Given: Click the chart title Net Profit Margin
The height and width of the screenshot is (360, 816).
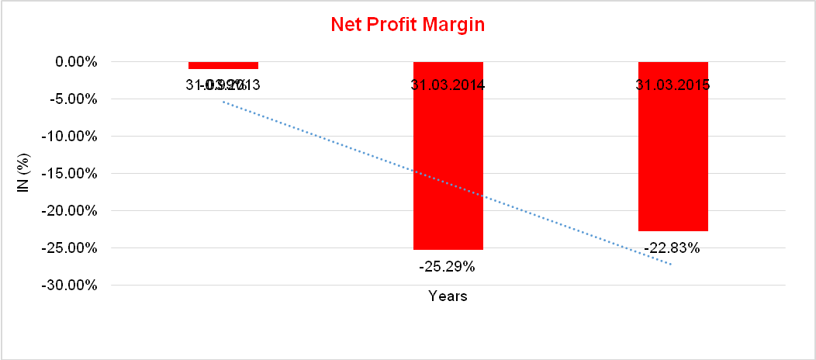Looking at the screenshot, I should point(407,24).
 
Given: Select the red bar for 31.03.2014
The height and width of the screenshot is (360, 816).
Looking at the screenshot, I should point(448,163).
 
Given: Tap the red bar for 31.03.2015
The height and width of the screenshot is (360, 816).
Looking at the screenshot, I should point(673,155).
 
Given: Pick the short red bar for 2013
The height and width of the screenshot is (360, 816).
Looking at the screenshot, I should point(223,65).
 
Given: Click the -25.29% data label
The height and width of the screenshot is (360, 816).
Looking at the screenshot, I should point(447,267).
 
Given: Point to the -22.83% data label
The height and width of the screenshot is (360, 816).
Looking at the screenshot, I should point(672,248).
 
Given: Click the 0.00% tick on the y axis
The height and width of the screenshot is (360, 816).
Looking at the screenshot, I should point(75,61).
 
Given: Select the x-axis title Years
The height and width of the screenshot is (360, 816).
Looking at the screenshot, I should point(448,296).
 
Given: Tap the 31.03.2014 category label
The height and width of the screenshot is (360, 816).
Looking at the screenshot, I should point(448,85).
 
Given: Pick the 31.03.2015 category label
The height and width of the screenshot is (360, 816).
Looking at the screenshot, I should point(673,85).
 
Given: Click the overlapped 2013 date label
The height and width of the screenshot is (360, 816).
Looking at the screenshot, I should point(223,85).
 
